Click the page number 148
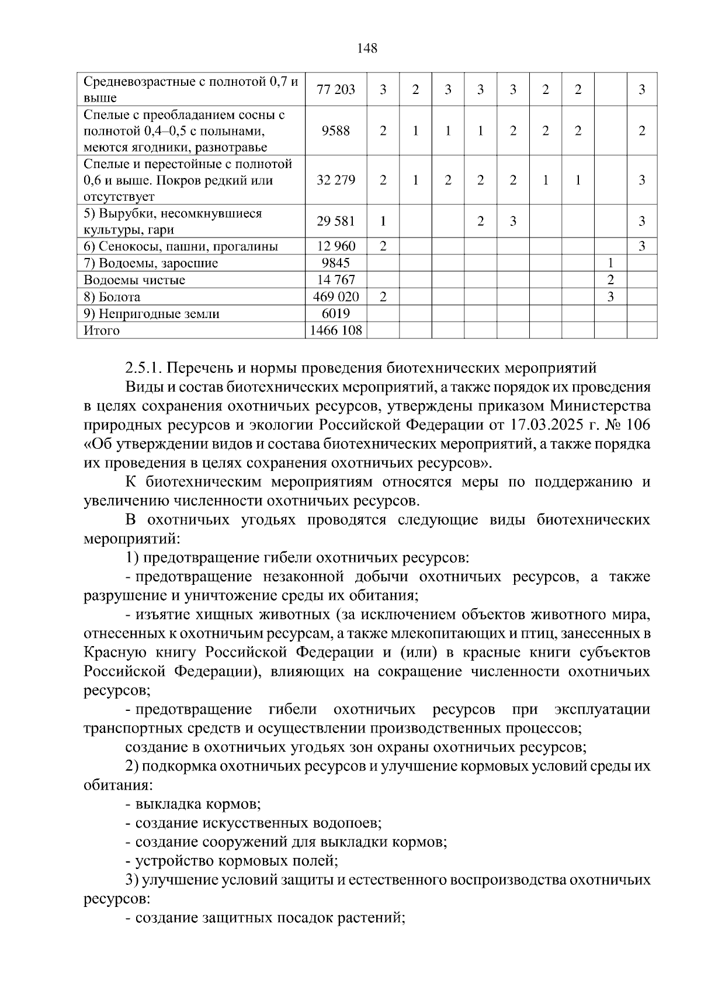tap(367, 48)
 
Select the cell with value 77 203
tap(336, 90)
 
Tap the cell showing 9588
tap(336, 131)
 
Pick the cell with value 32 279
tap(336, 180)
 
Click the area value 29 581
tap(336, 222)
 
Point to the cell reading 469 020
tap(336, 297)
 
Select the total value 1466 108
tap(336, 331)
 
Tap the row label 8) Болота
tap(112, 297)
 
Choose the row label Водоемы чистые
tap(134, 280)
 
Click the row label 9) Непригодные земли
tap(152, 314)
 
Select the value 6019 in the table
tap(336, 314)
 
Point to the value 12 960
tap(336, 246)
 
